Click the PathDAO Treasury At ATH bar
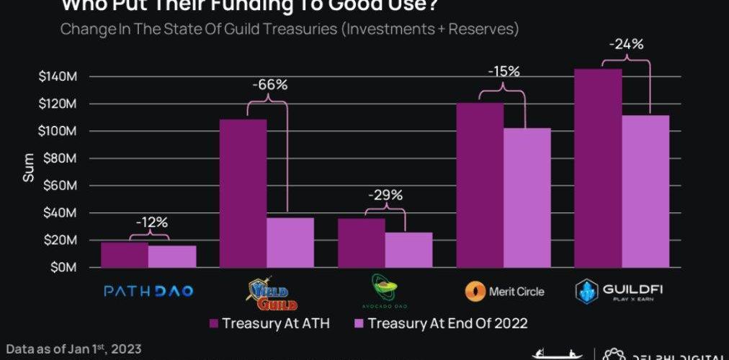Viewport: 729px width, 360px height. point(124,255)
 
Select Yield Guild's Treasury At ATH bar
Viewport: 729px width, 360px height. point(243,193)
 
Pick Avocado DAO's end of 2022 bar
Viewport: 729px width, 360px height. point(408,249)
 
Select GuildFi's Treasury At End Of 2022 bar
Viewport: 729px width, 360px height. point(646,191)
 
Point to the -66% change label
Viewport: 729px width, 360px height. point(269,85)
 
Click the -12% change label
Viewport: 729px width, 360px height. point(150,222)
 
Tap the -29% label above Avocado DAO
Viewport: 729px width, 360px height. point(385,195)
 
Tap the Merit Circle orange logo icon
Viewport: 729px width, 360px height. point(474,292)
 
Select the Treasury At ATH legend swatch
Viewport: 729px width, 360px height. point(214,323)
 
